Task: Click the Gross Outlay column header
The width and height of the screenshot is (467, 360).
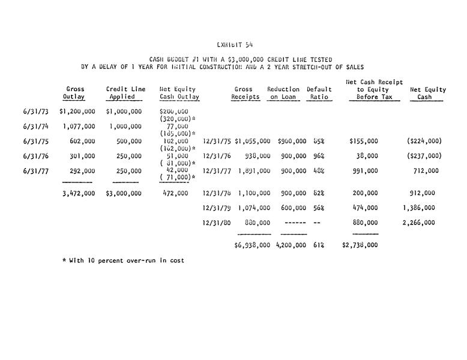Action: [x=75, y=93]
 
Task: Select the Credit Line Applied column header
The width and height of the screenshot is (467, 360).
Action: [x=125, y=93]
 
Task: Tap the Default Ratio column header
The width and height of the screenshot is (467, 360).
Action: [x=319, y=93]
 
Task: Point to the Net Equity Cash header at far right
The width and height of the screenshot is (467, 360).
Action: [x=427, y=93]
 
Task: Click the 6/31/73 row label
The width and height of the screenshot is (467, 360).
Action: [x=34, y=112]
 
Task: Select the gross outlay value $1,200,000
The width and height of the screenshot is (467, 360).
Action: [x=77, y=112]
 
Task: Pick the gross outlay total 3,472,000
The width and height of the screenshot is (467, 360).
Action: [x=79, y=194]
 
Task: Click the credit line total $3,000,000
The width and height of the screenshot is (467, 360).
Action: [x=124, y=194]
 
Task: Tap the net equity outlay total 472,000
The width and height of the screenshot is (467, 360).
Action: [x=175, y=194]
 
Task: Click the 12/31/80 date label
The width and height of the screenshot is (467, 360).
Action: [x=217, y=223]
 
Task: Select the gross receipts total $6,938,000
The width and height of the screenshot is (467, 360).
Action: [x=252, y=245]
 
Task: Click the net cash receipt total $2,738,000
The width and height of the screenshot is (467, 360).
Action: [x=360, y=245]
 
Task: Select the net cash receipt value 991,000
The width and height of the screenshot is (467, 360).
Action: [x=366, y=171]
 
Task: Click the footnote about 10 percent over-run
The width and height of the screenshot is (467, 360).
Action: [x=123, y=261]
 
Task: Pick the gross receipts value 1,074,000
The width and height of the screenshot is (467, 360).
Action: [x=254, y=208]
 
